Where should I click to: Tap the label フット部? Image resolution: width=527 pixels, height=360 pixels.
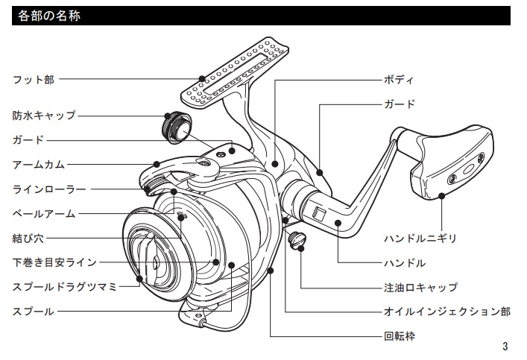tap(34, 78)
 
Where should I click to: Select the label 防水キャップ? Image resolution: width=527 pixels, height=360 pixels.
tap(44, 116)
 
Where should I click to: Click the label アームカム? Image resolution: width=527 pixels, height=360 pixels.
tap(39, 164)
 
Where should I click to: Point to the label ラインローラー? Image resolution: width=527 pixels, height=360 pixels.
tap(49, 189)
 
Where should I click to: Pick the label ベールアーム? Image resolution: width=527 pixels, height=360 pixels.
tap(44, 213)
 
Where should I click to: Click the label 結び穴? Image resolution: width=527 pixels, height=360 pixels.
tap(28, 239)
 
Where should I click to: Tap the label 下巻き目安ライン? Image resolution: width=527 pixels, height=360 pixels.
tap(54, 262)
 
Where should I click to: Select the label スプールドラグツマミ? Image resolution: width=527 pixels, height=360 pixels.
tap(65, 286)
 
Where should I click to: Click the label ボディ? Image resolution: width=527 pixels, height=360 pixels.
tap(398, 80)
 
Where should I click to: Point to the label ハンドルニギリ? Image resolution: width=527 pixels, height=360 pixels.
tap(420, 239)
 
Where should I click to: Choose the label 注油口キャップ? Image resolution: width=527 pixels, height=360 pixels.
tap(420, 287)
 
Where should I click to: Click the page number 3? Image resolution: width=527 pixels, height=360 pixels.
tap(505, 346)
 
